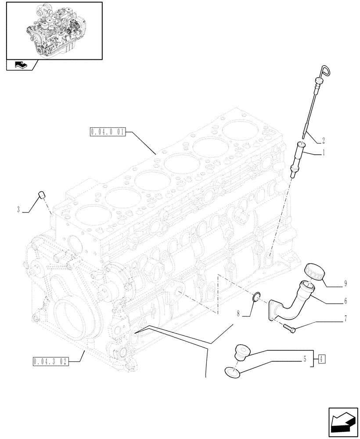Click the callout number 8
238,314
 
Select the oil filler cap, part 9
313,270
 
